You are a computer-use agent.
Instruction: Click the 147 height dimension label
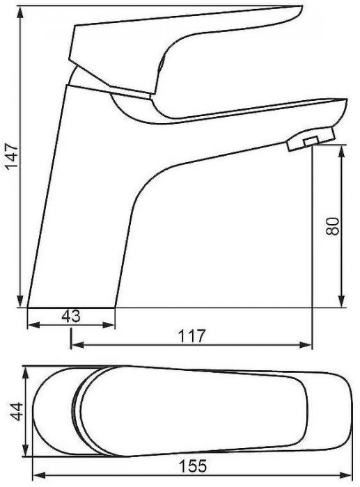click(x=13, y=156)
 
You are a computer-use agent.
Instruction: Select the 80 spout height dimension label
click(x=332, y=226)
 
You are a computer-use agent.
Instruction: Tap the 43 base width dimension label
click(x=71, y=316)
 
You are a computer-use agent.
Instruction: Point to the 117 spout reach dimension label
click(x=191, y=336)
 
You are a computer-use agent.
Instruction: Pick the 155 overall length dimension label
click(x=192, y=466)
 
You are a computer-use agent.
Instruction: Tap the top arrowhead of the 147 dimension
click(x=20, y=13)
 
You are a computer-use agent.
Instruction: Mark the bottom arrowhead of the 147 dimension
click(x=20, y=301)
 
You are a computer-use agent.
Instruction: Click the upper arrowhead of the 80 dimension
click(x=342, y=152)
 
